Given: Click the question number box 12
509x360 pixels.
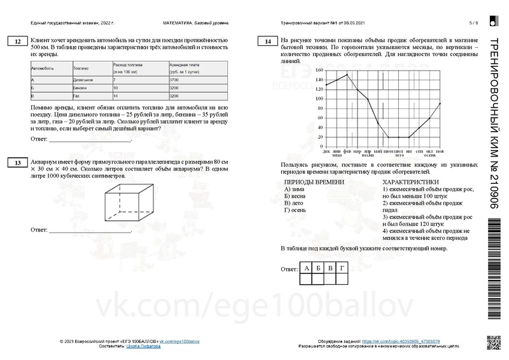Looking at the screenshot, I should (15, 42).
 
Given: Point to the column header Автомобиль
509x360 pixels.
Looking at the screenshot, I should (43, 67).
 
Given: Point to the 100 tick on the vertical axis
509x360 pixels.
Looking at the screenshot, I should (318, 99).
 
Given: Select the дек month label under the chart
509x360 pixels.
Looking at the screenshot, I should (326, 151).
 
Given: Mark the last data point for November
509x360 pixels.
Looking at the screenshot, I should (440, 104).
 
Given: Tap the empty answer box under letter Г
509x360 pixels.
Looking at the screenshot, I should (344, 279).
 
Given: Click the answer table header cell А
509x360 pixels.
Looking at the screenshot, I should (307, 268).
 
